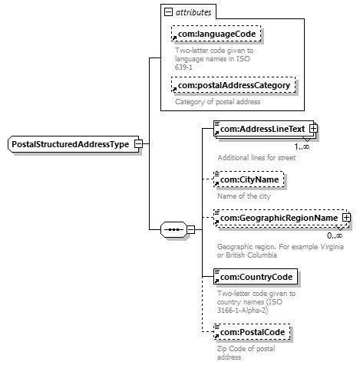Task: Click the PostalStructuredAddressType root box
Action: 74,144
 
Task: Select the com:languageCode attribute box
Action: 216,34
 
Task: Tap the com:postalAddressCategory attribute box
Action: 233,85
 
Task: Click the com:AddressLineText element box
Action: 263,129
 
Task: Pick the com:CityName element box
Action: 249,179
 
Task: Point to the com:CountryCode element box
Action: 256,276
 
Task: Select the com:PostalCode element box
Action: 252,332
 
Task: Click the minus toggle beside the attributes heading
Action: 168,12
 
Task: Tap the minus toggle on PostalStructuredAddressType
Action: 138,143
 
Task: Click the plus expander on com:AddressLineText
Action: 313,128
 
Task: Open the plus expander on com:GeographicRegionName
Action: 346,218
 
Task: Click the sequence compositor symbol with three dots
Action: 173,229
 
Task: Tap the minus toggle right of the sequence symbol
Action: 190,229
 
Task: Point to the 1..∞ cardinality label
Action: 302,146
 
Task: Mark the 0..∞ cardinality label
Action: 335,235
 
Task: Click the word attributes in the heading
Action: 193,12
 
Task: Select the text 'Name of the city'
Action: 244,196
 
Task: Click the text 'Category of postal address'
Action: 218,102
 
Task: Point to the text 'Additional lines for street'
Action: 256,157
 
